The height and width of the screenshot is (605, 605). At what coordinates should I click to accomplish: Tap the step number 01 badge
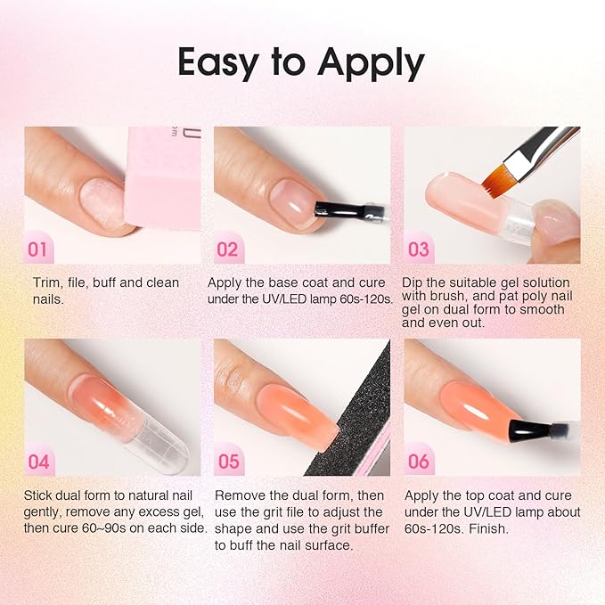pos(38,249)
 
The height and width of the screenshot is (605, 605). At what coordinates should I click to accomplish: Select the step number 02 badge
pos(228,249)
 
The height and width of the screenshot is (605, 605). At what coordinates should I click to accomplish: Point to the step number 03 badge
pos(419,249)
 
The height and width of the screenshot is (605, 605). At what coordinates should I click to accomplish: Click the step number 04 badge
pos(38,462)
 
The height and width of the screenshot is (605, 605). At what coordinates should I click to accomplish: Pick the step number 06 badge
pos(419,462)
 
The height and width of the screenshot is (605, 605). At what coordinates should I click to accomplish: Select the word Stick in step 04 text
pos(41,495)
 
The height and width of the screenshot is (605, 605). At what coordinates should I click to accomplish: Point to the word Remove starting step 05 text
pos(240,495)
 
